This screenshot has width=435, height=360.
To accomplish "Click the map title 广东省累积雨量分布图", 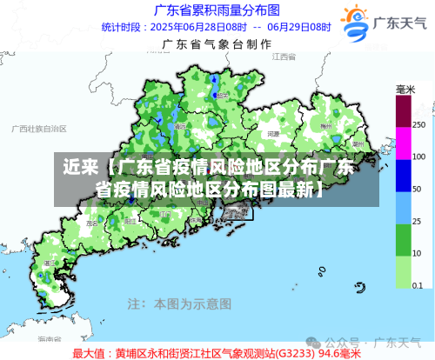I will point(217,10).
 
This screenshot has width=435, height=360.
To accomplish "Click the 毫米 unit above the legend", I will point(405,90).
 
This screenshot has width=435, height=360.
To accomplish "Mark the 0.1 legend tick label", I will point(418,285).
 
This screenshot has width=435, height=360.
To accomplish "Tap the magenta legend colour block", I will point(404,142).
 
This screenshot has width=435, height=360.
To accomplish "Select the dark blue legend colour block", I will point(404,174).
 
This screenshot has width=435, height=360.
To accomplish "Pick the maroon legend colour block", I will point(404,110).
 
